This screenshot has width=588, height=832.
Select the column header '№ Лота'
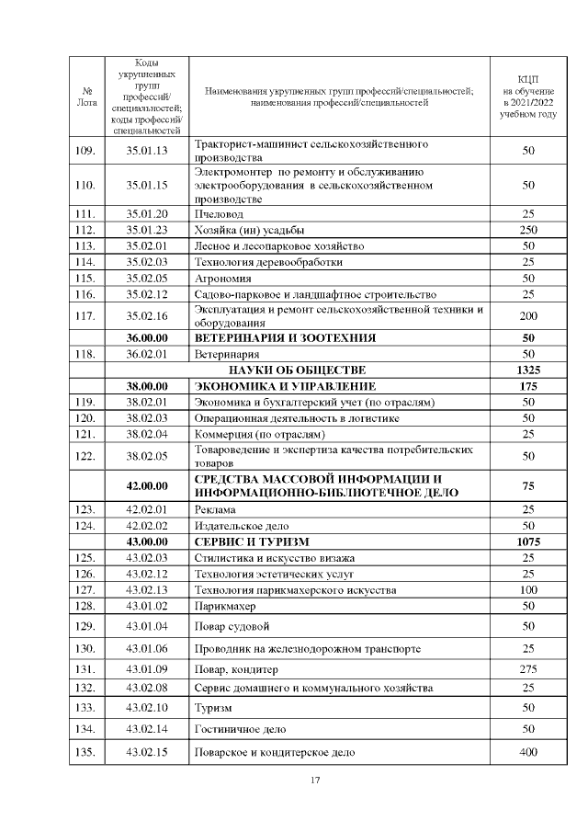coord(86,97)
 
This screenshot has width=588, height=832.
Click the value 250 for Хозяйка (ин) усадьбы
coord(527,230)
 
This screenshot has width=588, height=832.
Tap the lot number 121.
coord(86,433)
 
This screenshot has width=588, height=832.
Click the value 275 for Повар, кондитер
coord(527,669)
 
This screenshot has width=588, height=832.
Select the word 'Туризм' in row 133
coord(213,708)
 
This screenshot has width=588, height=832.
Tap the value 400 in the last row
coord(527,753)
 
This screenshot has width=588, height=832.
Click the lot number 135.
coord(86,753)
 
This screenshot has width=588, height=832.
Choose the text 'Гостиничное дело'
coord(240,730)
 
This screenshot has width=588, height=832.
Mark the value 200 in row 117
coord(527,315)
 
